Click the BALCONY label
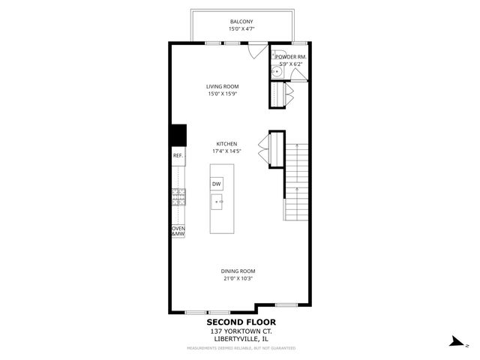click(241, 22)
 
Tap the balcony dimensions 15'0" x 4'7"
click(241, 29)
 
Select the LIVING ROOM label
click(223, 87)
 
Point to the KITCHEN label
click(227, 143)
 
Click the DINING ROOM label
click(238, 271)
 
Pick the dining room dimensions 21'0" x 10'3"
click(238, 278)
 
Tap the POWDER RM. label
click(289, 57)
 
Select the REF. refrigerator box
click(178, 156)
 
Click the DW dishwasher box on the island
click(217, 184)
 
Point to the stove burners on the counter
click(179, 197)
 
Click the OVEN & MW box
click(178, 232)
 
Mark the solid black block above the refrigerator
click(178, 136)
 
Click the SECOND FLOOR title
click(241, 322)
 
